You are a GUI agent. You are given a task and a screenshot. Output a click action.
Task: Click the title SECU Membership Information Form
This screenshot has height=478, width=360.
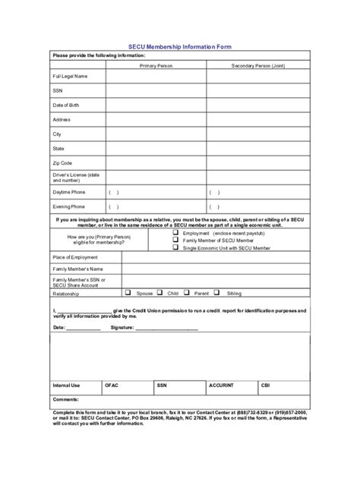tap(179, 46)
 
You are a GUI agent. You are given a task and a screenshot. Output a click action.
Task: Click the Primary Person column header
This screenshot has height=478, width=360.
tap(156, 66)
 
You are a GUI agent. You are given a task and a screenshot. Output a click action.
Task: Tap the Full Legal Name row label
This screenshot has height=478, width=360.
tap(70, 77)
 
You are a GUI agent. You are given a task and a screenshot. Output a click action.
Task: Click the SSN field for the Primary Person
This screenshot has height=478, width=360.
tap(156, 94)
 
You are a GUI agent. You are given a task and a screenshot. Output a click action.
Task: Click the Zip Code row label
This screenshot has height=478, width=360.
tap(63, 162)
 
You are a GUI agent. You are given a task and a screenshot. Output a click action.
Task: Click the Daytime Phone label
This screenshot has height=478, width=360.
tap(69, 192)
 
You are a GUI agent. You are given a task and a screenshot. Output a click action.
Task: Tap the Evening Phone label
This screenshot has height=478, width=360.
tap(69, 206)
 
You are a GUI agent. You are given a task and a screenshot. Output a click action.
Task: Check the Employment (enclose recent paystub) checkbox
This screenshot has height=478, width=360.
tap(175, 234)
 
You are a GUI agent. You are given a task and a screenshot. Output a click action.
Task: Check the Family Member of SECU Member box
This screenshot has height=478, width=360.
tap(175, 241)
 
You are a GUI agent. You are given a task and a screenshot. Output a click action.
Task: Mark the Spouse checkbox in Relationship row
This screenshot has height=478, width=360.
tap(128, 291)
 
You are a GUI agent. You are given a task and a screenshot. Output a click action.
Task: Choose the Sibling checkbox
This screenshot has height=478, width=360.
tap(216, 291)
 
